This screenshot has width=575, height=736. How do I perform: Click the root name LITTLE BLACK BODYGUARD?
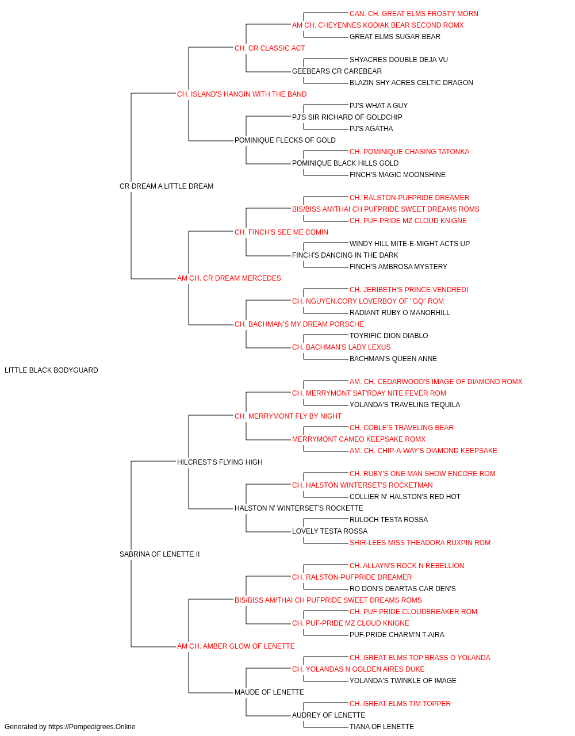51,370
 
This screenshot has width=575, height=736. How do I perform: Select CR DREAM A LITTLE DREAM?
166,186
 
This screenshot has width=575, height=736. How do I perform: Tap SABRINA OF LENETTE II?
159,554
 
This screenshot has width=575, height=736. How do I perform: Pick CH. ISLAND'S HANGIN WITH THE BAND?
241,94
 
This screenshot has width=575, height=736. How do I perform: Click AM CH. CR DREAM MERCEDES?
229,278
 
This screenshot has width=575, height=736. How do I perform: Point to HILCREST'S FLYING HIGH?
220,462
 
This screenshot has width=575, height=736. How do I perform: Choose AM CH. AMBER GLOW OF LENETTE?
236,646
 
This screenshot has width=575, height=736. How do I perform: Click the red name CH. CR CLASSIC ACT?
270,48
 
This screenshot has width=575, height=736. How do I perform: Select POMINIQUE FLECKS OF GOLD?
285,140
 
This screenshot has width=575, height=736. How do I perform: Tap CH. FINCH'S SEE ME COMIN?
281,232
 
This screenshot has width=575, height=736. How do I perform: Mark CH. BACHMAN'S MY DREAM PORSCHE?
299,324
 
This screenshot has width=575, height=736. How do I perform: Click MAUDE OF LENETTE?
269,692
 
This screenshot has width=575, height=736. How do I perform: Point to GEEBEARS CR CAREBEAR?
336,71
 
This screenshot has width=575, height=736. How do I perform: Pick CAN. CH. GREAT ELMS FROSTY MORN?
414,14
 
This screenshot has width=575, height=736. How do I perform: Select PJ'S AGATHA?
371,129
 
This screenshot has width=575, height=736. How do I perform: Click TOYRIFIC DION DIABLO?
389,336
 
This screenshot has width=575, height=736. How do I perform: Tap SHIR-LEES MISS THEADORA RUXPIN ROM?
420,543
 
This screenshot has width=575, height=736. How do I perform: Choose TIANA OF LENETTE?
382,727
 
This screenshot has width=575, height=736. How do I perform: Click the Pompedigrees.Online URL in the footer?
92,727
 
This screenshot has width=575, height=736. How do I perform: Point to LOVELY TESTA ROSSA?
330,531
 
